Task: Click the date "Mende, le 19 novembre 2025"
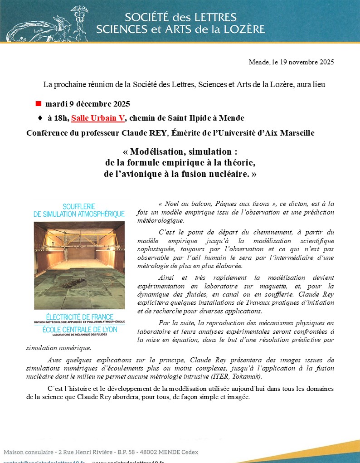[x=291, y=62]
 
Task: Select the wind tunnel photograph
[x=79, y=265]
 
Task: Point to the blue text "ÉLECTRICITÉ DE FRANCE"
[x=79, y=316]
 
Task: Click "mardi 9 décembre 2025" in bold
[x=88, y=104]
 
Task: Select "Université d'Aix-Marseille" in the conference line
[x=271, y=133]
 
